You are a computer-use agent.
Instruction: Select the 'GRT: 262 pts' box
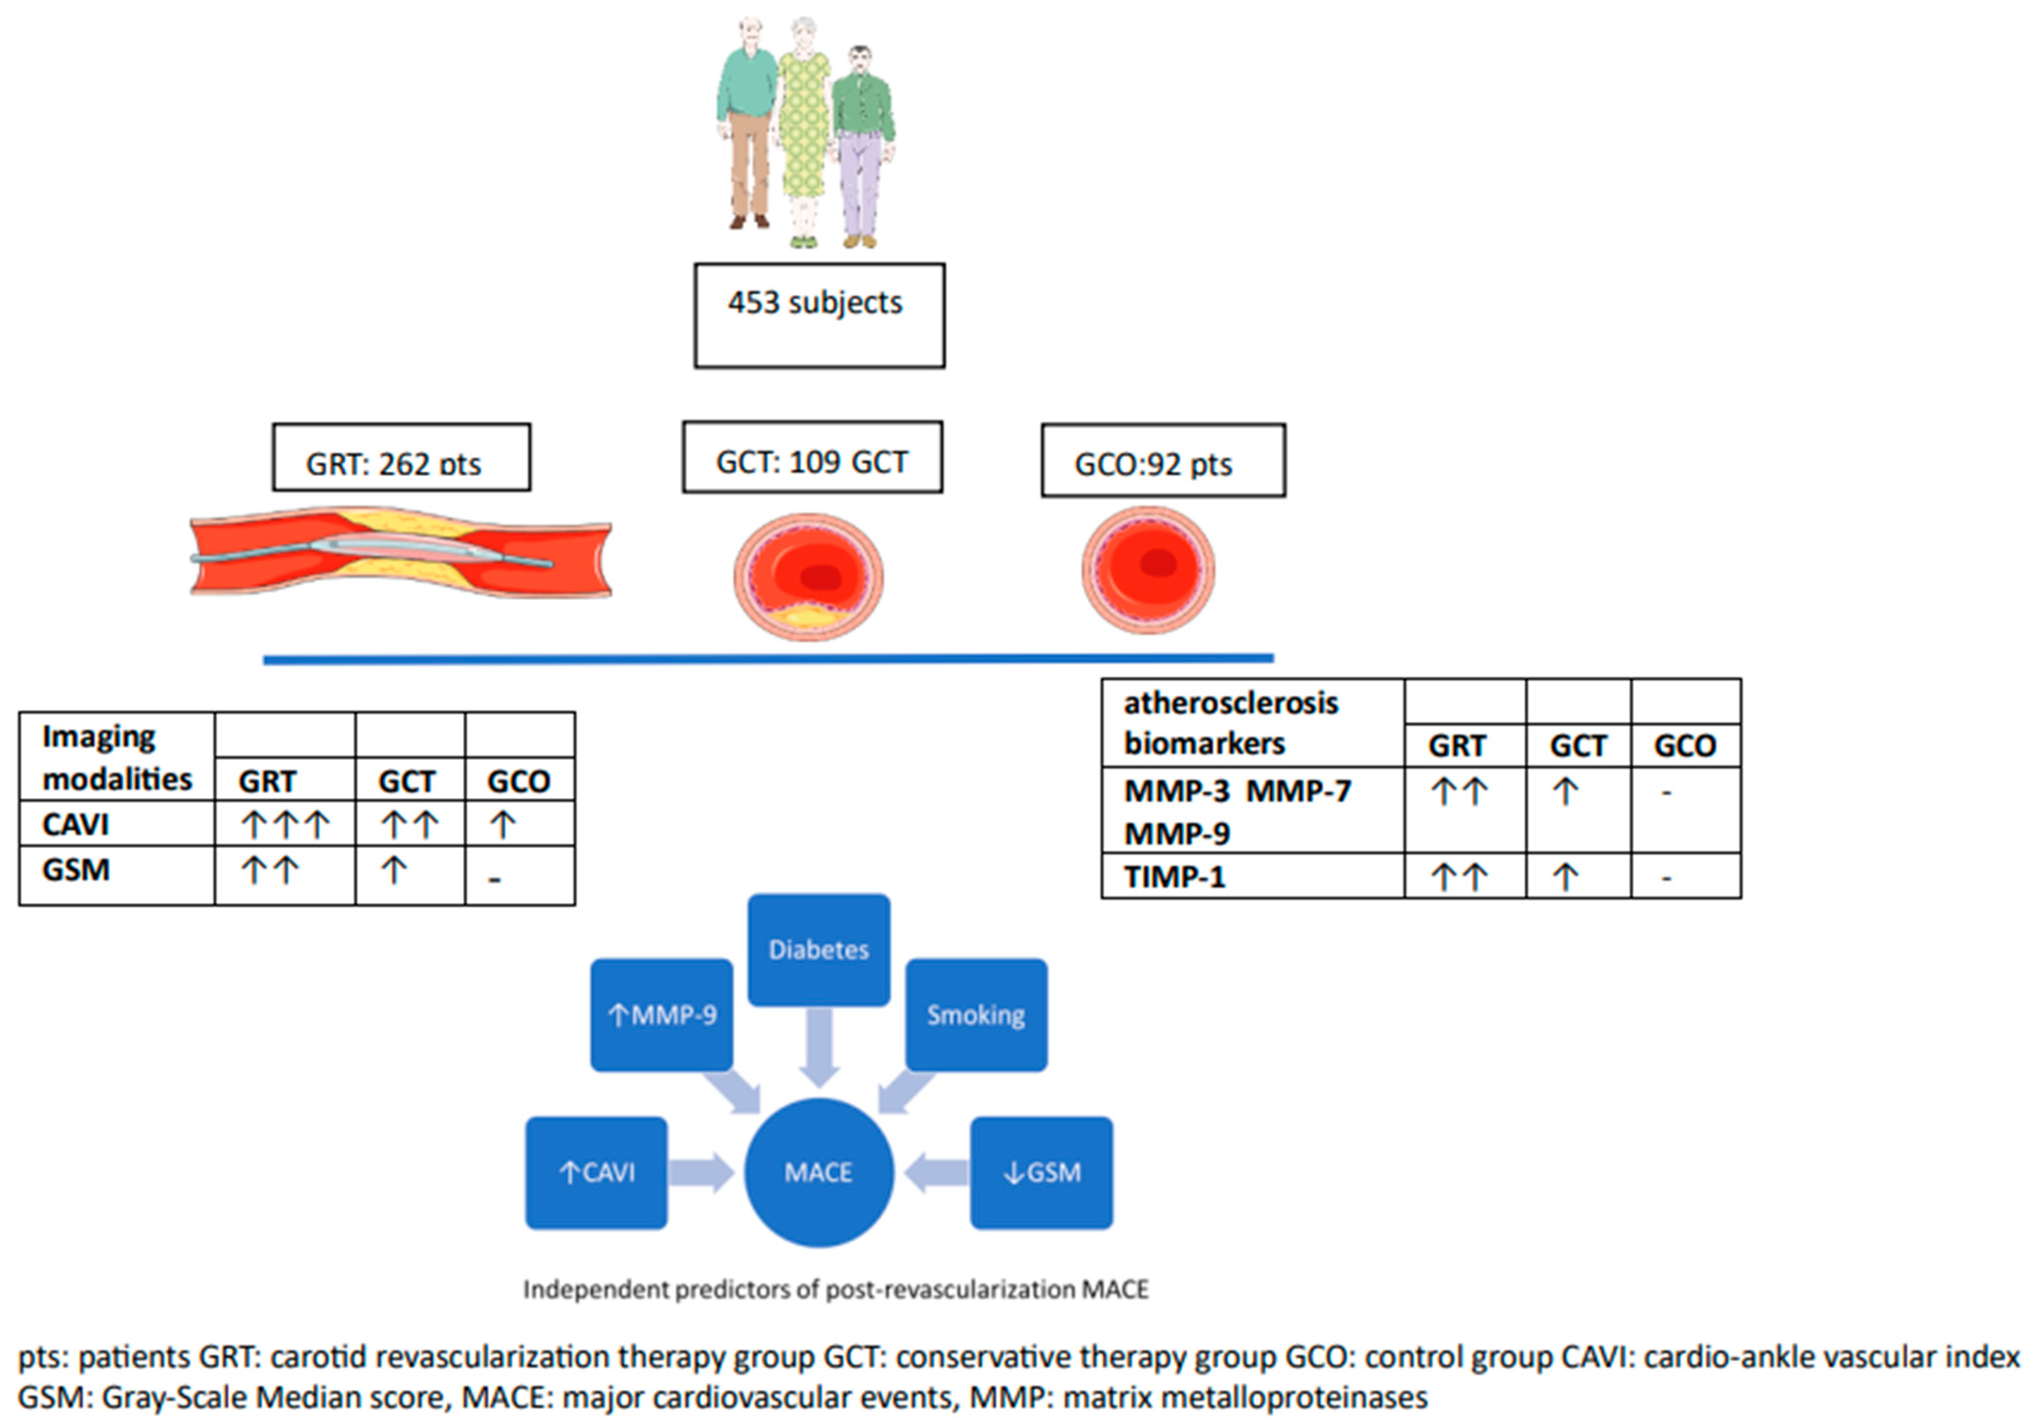coord(402,457)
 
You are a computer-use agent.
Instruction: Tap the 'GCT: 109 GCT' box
coord(812,457)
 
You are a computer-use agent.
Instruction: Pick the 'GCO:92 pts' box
coord(1163,460)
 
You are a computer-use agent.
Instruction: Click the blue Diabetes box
coord(819,949)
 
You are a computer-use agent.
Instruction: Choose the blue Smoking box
coord(976,1014)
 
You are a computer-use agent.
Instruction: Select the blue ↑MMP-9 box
coord(662,1014)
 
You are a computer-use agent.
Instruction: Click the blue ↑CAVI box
coord(597,1173)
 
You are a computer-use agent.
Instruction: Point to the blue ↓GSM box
coord(1042,1173)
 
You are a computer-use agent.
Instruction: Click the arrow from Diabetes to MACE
coord(819,1049)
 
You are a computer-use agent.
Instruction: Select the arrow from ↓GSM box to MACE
coord(936,1173)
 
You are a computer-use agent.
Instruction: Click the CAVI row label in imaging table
coord(76,824)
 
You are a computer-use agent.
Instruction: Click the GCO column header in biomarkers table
coord(1685,745)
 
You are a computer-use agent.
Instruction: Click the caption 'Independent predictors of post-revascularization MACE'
coord(836,1290)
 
